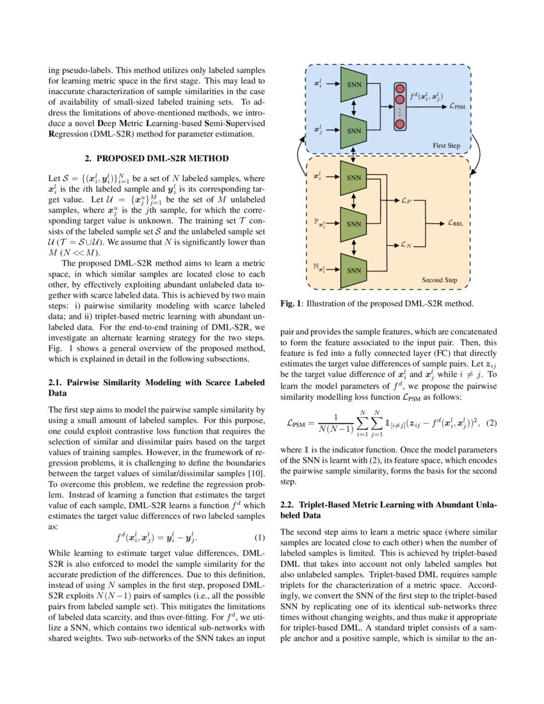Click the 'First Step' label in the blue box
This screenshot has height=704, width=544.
(x=446, y=146)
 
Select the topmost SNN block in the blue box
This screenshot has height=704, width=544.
(x=354, y=85)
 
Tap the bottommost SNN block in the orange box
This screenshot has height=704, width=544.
(x=354, y=270)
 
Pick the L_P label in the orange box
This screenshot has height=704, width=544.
(x=406, y=201)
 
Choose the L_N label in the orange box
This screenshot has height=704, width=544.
(x=406, y=245)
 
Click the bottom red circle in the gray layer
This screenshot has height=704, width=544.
(x=401, y=124)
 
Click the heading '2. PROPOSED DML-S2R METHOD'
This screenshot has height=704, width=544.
(x=157, y=157)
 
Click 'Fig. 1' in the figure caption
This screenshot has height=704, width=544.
(x=292, y=304)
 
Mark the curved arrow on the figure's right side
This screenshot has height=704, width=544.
(x=479, y=154)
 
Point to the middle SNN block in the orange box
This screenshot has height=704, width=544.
(x=354, y=224)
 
